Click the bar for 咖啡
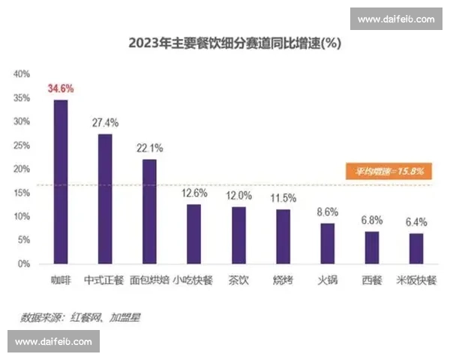(60, 181)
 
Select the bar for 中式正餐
(105, 199)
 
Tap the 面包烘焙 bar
(149, 211)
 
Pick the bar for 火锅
(328, 243)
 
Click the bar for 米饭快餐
(416, 248)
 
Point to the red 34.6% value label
(61, 88)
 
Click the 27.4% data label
(105, 122)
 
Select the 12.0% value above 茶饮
(238, 195)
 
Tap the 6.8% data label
(372, 220)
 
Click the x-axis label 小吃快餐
(193, 281)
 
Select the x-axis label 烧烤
(283, 281)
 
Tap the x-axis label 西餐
(372, 281)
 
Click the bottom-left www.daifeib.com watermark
(53, 342)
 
